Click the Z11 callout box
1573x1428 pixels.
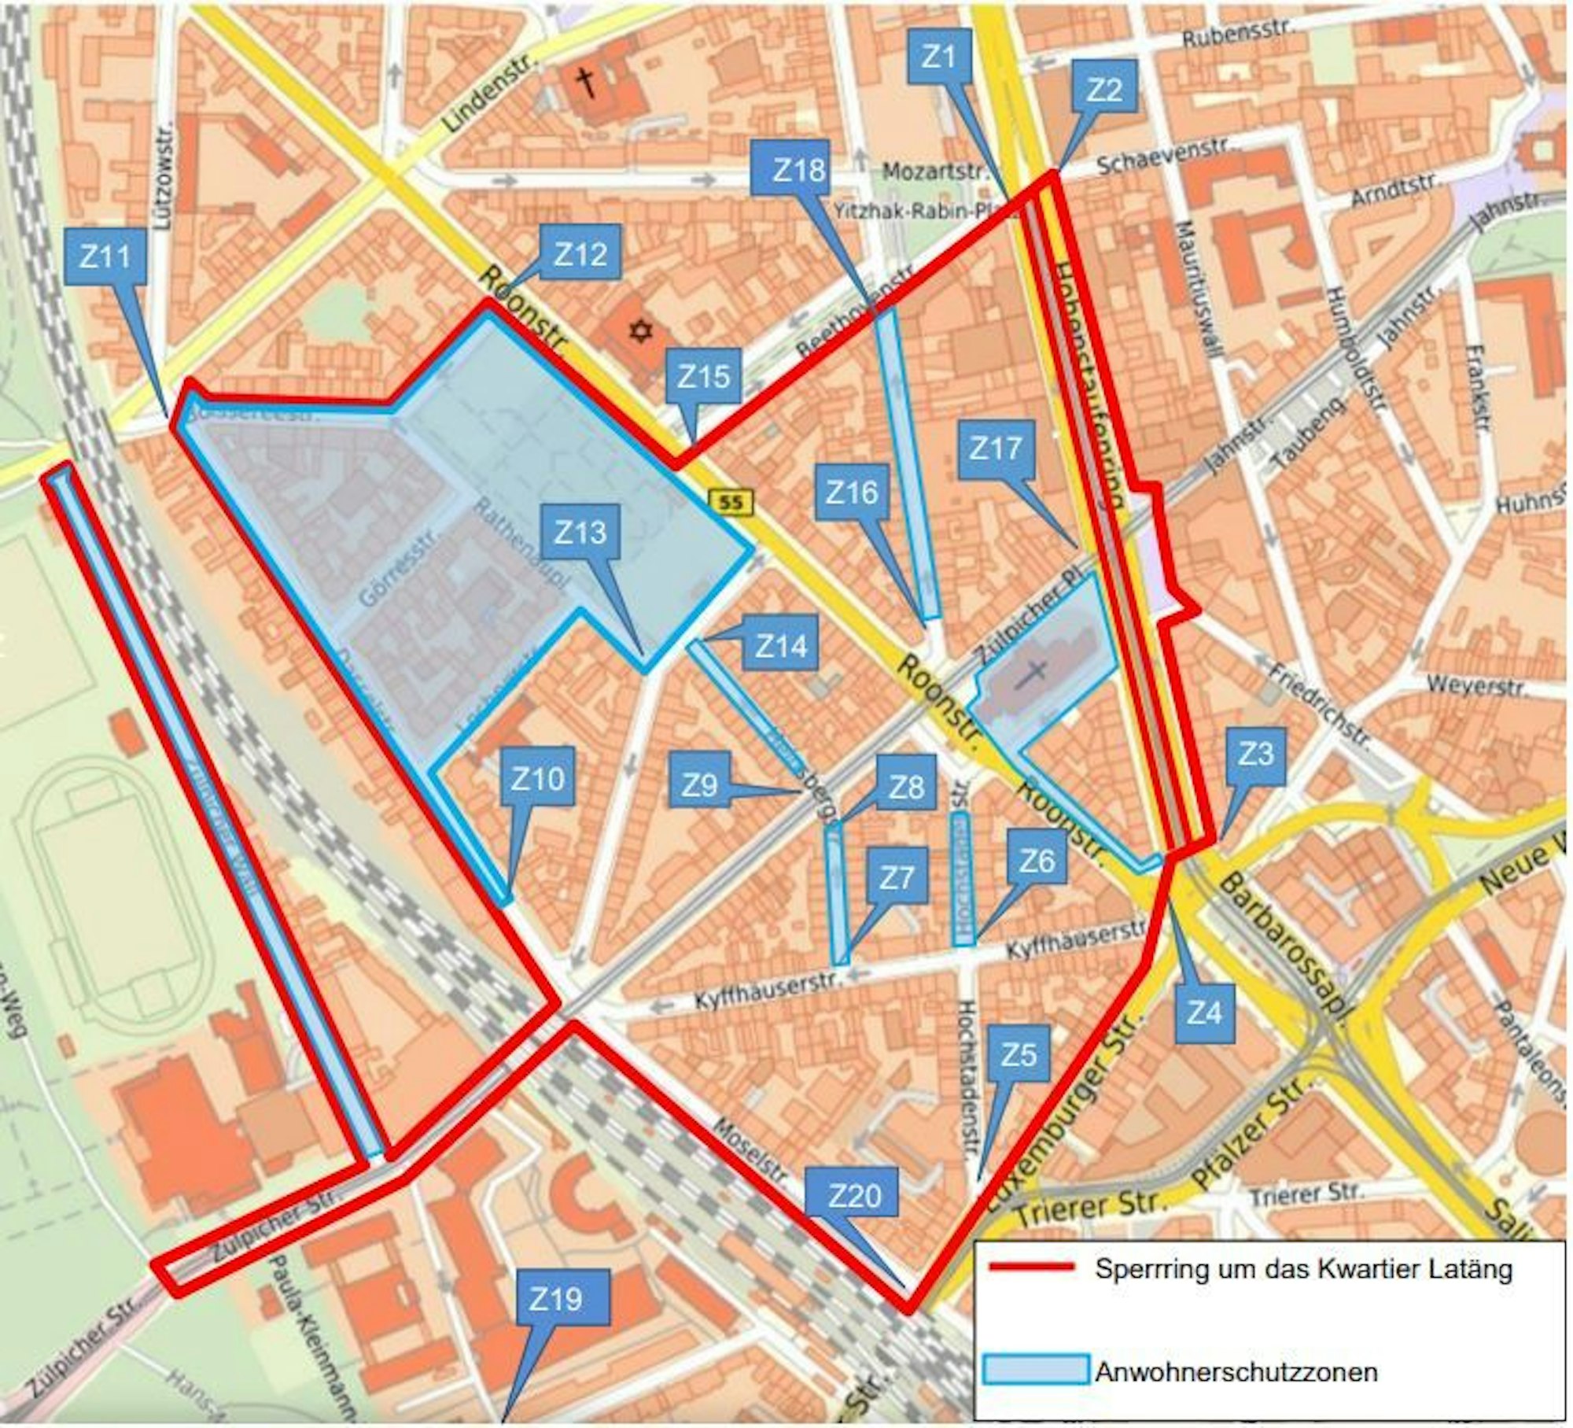click(106, 256)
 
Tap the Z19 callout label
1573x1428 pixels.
click(556, 1299)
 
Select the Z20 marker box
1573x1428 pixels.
click(855, 1196)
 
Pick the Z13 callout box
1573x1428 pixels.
click(581, 533)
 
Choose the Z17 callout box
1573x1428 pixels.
click(996, 449)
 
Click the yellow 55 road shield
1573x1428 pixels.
click(731, 501)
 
